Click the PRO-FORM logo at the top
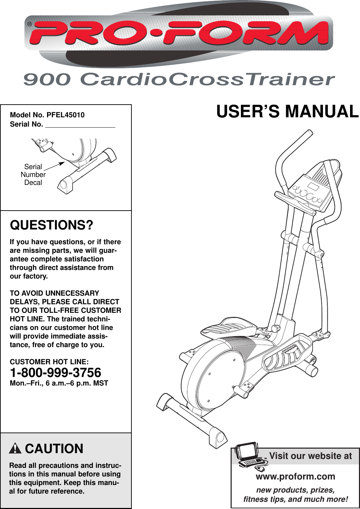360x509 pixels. click(178, 33)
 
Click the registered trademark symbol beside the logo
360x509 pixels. click(30, 24)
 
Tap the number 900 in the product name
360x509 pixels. click(47, 80)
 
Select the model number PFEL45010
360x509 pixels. click(66, 115)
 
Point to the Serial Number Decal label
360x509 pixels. click(33, 175)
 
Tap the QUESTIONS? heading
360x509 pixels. click(51, 225)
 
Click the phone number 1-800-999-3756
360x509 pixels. click(56, 373)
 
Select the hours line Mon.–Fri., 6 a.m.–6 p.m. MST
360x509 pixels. click(59, 383)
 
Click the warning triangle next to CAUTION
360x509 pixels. click(15, 449)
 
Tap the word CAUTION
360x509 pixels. click(54, 449)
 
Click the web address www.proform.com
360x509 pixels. click(295, 476)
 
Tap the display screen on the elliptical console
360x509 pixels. click(313, 187)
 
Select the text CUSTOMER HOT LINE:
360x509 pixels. click(49, 362)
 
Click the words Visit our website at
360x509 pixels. click(311, 456)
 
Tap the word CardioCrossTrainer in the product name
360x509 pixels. click(207, 80)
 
